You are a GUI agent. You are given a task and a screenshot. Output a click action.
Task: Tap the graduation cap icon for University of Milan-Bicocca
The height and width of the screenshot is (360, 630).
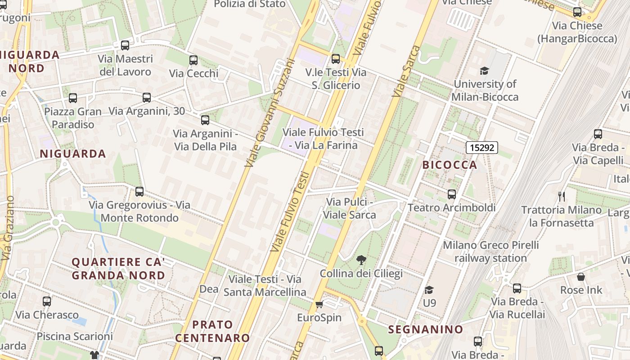coord(484,71)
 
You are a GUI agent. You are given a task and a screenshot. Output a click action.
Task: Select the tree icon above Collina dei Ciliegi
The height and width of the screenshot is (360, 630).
coord(361,260)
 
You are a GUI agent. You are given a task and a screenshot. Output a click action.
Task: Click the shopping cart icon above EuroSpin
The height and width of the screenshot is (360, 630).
coord(319,305)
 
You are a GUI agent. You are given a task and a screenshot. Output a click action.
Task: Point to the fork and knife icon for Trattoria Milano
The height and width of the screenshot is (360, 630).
coord(561,196)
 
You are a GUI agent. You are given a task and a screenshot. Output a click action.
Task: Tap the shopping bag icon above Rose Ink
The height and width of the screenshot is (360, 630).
coord(581,276)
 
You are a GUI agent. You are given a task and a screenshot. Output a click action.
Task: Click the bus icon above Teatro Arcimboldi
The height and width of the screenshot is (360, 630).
coord(451,194)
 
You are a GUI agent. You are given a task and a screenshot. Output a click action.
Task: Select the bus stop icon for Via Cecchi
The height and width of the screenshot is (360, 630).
coord(193,60)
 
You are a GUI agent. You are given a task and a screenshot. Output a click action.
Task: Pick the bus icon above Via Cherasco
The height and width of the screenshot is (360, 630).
coord(47,301)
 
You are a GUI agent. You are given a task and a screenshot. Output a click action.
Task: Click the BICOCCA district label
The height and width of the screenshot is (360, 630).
coord(450,165)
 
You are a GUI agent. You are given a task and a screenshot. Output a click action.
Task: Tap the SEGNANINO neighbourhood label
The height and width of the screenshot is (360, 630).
coord(426,329)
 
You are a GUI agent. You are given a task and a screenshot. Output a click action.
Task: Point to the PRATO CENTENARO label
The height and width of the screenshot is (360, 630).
coord(212,331)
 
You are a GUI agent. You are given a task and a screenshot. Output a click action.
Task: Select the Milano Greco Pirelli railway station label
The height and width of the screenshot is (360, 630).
coord(490,252)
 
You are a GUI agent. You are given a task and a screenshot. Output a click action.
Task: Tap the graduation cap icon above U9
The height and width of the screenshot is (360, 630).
coord(429,290)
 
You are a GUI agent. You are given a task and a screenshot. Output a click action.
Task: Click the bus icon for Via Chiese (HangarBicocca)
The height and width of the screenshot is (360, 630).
coord(577,13)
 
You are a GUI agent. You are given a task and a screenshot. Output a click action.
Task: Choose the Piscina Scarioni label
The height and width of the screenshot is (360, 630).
coord(75,336)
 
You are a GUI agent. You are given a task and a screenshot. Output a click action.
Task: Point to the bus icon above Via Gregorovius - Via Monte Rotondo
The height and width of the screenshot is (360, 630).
coord(139,192)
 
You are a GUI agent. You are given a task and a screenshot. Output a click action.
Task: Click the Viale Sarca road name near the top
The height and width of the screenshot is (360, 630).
coord(406,71)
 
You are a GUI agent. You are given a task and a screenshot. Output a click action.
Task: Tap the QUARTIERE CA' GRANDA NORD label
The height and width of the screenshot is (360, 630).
coord(118,268)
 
